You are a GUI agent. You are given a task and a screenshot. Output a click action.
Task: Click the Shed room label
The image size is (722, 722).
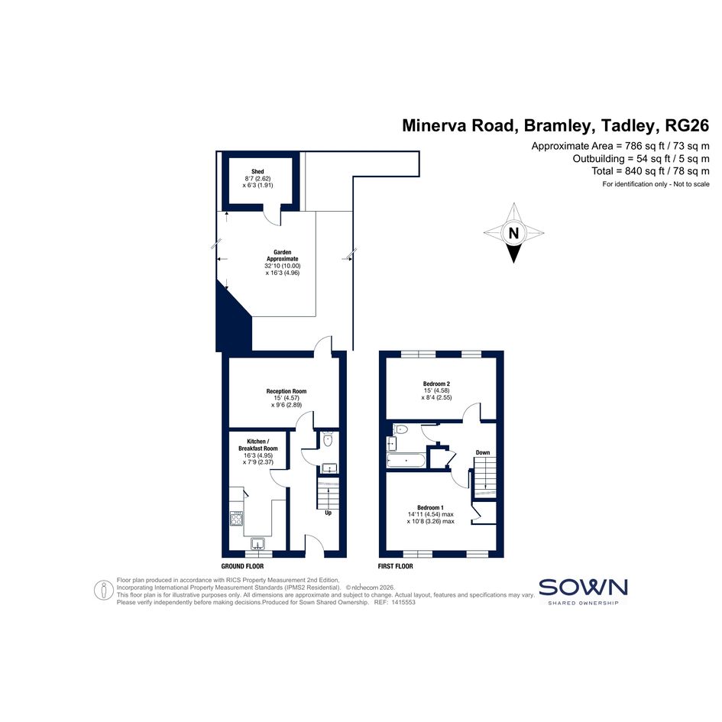point(258,171)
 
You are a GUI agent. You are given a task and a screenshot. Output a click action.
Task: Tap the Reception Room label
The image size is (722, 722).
point(287,391)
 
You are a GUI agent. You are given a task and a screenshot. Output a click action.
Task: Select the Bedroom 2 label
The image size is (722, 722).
point(436,384)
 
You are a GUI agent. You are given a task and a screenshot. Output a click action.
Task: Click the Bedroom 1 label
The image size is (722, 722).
point(431,507)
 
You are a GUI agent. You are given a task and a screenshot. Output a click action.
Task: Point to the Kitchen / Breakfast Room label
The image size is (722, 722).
point(258,445)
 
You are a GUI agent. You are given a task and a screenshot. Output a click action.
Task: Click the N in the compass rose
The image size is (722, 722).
point(513,233)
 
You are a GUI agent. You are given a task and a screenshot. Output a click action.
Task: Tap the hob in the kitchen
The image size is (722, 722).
point(237,519)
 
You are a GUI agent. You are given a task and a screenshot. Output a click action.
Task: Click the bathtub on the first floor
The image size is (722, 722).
point(406,461)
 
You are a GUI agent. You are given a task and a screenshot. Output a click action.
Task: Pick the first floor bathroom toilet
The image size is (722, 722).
point(400,429)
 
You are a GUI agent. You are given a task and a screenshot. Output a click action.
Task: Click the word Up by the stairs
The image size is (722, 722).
point(329,513)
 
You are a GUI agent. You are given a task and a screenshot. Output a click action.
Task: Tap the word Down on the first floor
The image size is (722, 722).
point(483,452)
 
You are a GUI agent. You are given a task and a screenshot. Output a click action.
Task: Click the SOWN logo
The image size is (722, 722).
point(583,591)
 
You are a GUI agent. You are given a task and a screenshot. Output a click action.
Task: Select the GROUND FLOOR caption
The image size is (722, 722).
point(242,566)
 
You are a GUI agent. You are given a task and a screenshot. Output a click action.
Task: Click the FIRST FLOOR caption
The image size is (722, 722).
point(396,566)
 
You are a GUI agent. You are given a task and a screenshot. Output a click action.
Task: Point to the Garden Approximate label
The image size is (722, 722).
point(283,255)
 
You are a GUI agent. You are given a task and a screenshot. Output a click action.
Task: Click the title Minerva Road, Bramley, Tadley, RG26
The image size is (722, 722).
point(555,125)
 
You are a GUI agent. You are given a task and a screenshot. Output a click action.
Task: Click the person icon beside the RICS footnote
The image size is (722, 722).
point(104,591)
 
